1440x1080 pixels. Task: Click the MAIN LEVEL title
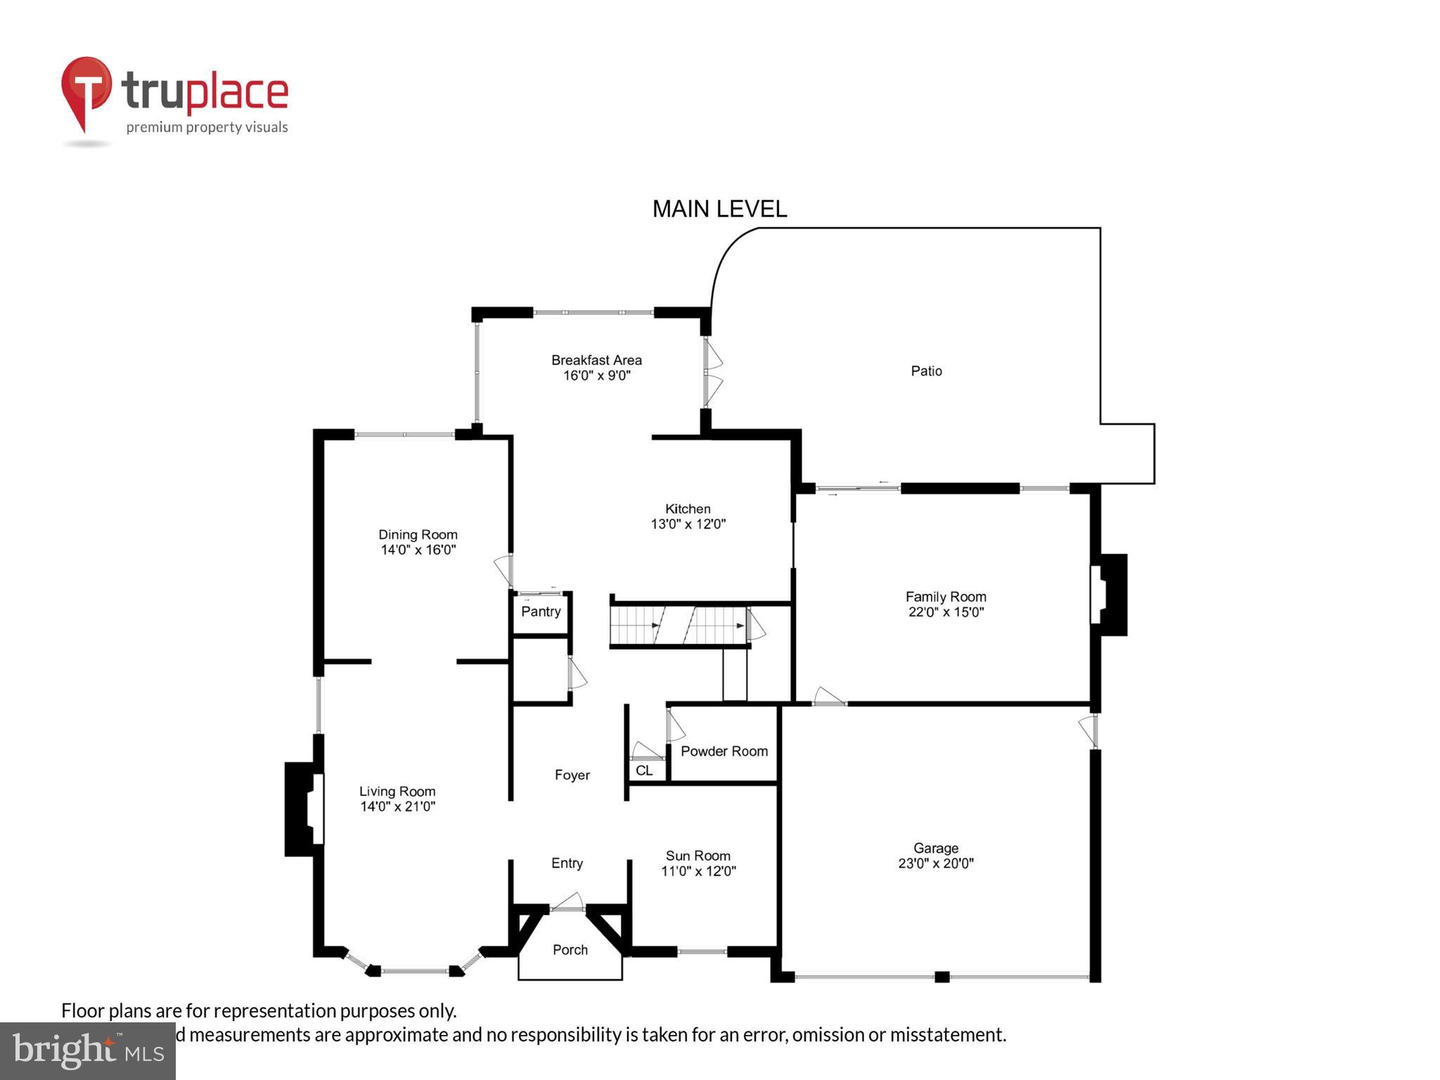[x=719, y=209]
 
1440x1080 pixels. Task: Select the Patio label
[x=926, y=371]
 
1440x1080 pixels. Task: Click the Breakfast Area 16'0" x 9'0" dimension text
[x=596, y=375]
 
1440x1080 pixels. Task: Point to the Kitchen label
[x=688, y=508]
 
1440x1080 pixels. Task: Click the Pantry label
[x=541, y=611]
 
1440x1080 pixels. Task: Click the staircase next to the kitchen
[x=679, y=625]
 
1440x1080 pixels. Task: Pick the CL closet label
[x=644, y=771]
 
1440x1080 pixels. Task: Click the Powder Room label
[x=724, y=751]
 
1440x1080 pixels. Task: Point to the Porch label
[x=570, y=950]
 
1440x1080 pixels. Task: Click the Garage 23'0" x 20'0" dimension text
[x=935, y=863]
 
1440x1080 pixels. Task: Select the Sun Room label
[x=697, y=856]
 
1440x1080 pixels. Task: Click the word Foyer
[x=572, y=775]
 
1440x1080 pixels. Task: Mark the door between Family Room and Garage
[x=828, y=697]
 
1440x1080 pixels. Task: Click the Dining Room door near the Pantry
[x=503, y=570]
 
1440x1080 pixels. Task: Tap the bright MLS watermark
[x=88, y=1051]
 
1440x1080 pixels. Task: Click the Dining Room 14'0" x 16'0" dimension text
[x=418, y=550]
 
